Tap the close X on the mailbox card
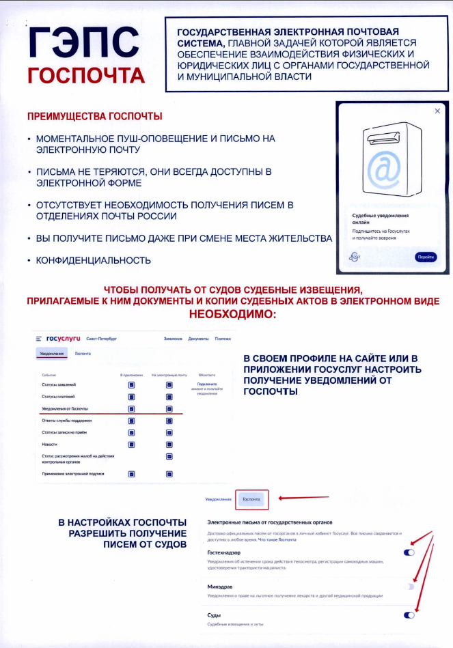coord(437,111)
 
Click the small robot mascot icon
coord(354,257)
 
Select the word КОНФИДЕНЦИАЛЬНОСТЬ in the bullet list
coord(94,260)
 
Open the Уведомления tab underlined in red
coord(53,354)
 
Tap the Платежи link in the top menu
coord(223,339)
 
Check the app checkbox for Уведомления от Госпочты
coord(131,409)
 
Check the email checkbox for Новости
coord(169,445)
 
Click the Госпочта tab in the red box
coord(252,500)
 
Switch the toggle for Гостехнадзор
coord(409,552)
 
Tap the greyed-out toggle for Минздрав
coord(409,587)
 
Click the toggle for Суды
coord(409,615)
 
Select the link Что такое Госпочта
coord(277,539)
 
